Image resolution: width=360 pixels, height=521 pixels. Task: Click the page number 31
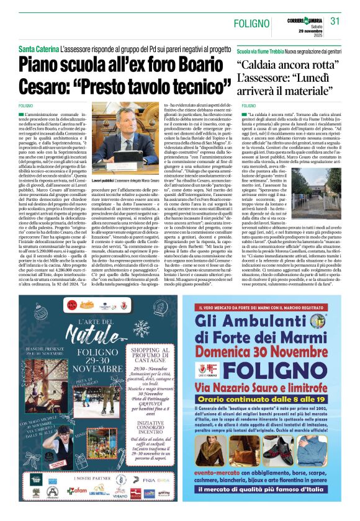336,21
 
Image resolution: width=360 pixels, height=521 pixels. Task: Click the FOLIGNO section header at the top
253,24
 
